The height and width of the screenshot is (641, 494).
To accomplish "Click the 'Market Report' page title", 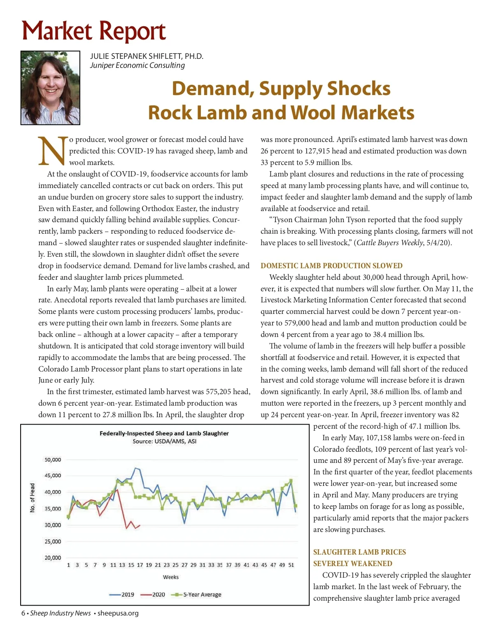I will pos(94,31).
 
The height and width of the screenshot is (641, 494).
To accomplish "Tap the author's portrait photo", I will pos(50,88).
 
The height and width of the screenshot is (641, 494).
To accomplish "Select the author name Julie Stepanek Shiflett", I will pos(147,56).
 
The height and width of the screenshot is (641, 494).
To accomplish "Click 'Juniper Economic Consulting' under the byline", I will pos(137,65).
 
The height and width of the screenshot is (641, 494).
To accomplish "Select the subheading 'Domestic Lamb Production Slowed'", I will pos(331,266).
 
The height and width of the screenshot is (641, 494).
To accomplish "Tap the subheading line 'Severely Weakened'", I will pos(352,564).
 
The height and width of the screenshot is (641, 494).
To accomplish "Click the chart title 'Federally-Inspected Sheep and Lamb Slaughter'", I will pos(164,433).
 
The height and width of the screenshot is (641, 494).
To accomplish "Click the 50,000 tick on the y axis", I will pos(53,460).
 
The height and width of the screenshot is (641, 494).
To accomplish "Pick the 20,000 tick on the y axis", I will pos(53,558).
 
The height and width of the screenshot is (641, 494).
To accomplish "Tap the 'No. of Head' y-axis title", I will pos(33,498).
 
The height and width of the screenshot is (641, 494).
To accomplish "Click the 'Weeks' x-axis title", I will pos(170,577).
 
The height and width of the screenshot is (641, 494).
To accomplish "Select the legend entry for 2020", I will pos(153,595).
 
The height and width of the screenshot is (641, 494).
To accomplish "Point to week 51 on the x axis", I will pos(291,565).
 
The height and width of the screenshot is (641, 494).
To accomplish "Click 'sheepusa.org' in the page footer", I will pos(118,613).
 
